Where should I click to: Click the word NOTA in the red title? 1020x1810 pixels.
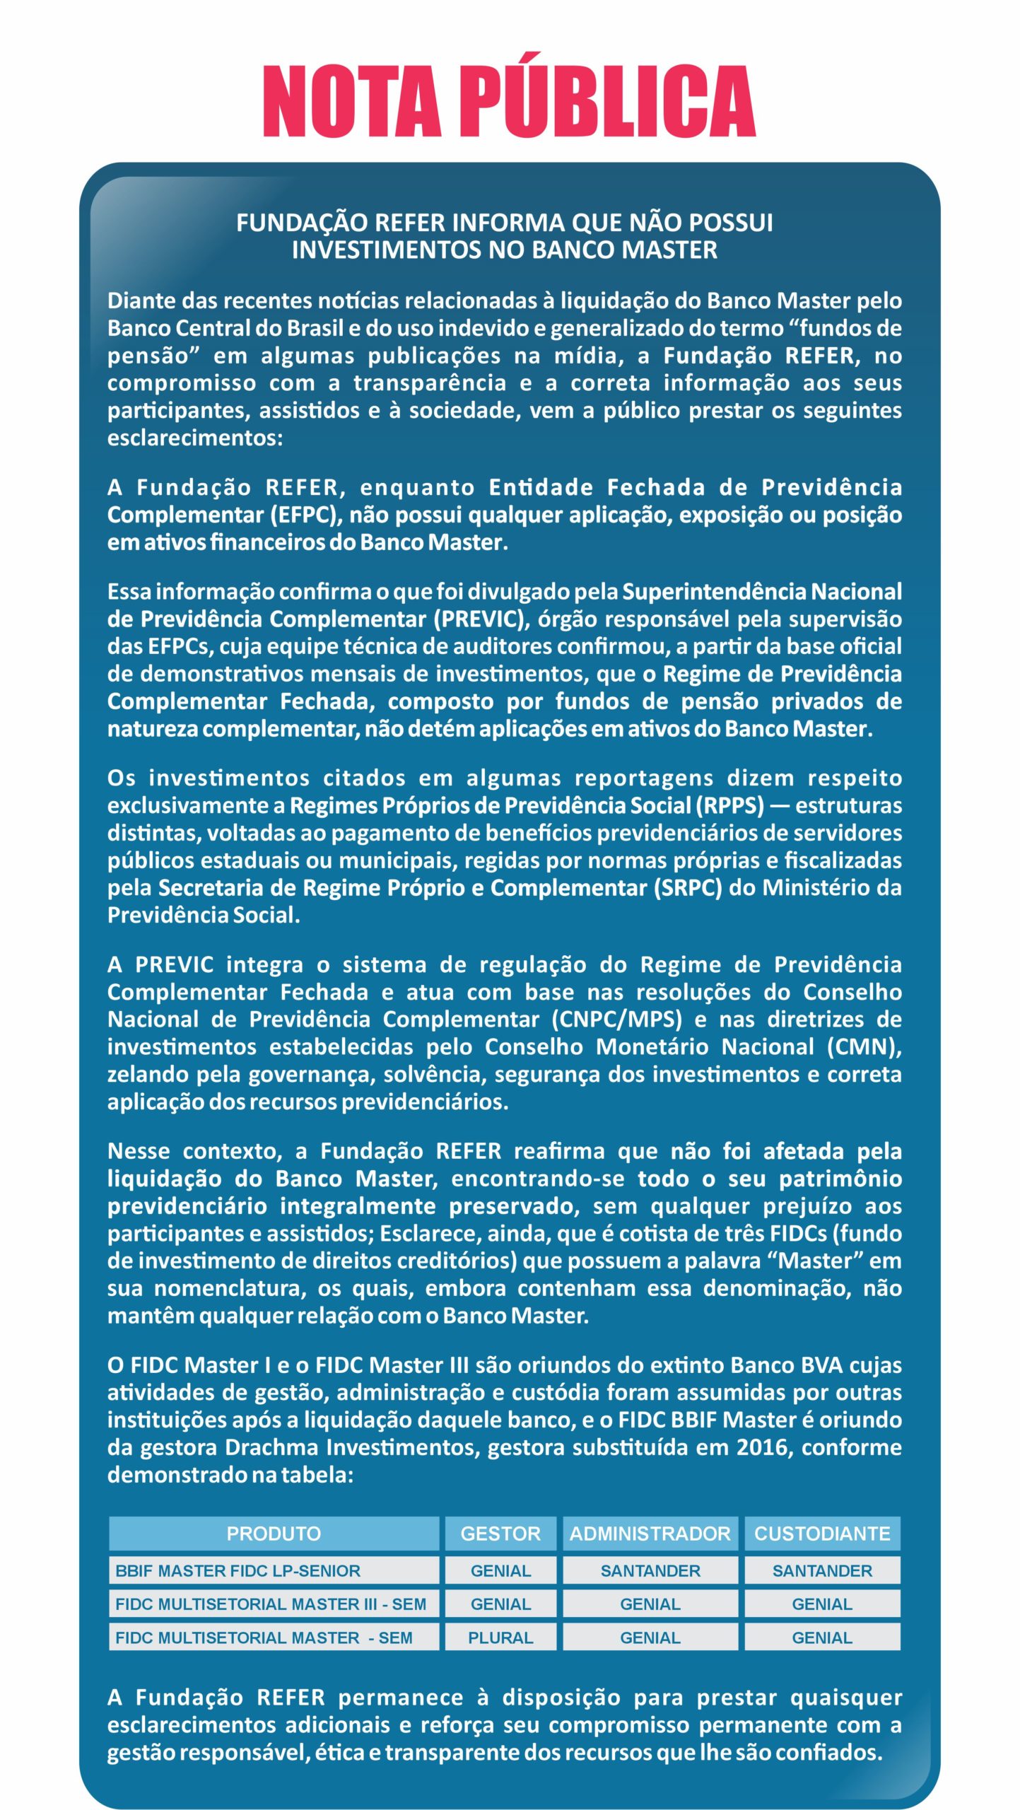tap(351, 100)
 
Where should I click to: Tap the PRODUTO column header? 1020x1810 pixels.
tap(274, 1533)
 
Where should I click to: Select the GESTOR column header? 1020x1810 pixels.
tap(500, 1533)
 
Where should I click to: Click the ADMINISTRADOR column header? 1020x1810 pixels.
tap(650, 1533)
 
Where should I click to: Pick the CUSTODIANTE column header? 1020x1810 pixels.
tap(822, 1533)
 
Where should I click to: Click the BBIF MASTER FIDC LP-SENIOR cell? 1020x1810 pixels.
tap(238, 1570)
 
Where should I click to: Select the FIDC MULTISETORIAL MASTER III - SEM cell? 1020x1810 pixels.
tap(271, 1604)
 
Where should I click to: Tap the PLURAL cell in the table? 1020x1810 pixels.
tap(500, 1637)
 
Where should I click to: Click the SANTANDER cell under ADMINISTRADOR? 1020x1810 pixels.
tap(650, 1570)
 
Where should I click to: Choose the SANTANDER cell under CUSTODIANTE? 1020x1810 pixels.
tap(822, 1570)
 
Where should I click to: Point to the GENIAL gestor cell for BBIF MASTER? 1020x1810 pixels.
tap(500, 1570)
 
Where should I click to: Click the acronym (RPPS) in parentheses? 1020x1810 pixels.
tap(730, 805)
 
